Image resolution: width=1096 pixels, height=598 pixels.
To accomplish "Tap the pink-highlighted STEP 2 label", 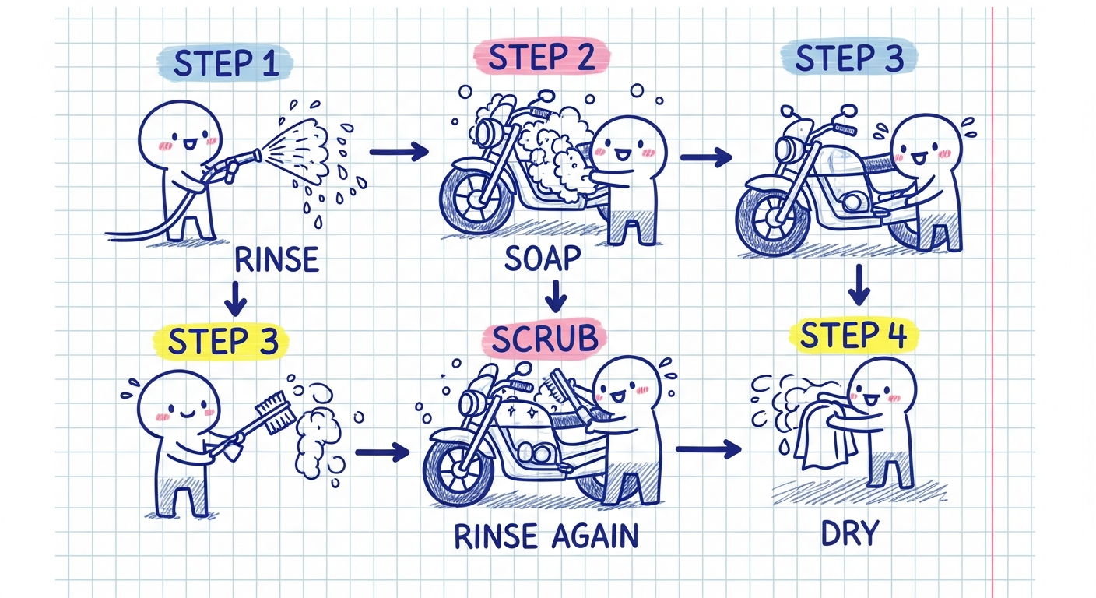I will (x=540, y=58).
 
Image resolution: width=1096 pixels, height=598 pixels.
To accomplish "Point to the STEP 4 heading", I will (x=853, y=335).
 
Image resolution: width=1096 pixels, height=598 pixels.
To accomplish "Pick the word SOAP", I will (x=543, y=259).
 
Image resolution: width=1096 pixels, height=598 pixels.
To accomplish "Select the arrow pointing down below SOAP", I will (x=554, y=296).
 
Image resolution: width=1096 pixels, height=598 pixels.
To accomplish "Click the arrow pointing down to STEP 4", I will (x=858, y=286).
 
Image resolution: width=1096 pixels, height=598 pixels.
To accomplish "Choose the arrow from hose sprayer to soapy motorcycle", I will (x=399, y=152).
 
